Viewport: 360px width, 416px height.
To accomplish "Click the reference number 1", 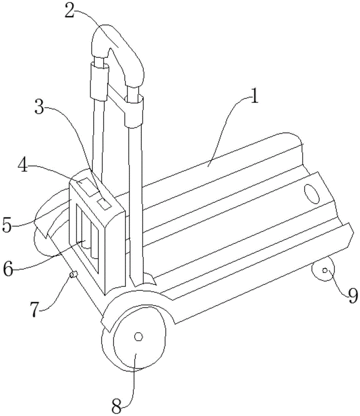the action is (254, 97).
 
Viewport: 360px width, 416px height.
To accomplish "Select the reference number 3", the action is (40, 106).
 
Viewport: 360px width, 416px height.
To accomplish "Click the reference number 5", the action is (7, 225).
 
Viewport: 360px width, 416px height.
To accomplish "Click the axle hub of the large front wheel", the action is (138, 337).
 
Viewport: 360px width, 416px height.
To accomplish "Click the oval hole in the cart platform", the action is (312, 194).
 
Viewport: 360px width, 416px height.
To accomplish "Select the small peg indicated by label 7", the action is (74, 275).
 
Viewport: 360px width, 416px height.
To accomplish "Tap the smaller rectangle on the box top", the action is (104, 204).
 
